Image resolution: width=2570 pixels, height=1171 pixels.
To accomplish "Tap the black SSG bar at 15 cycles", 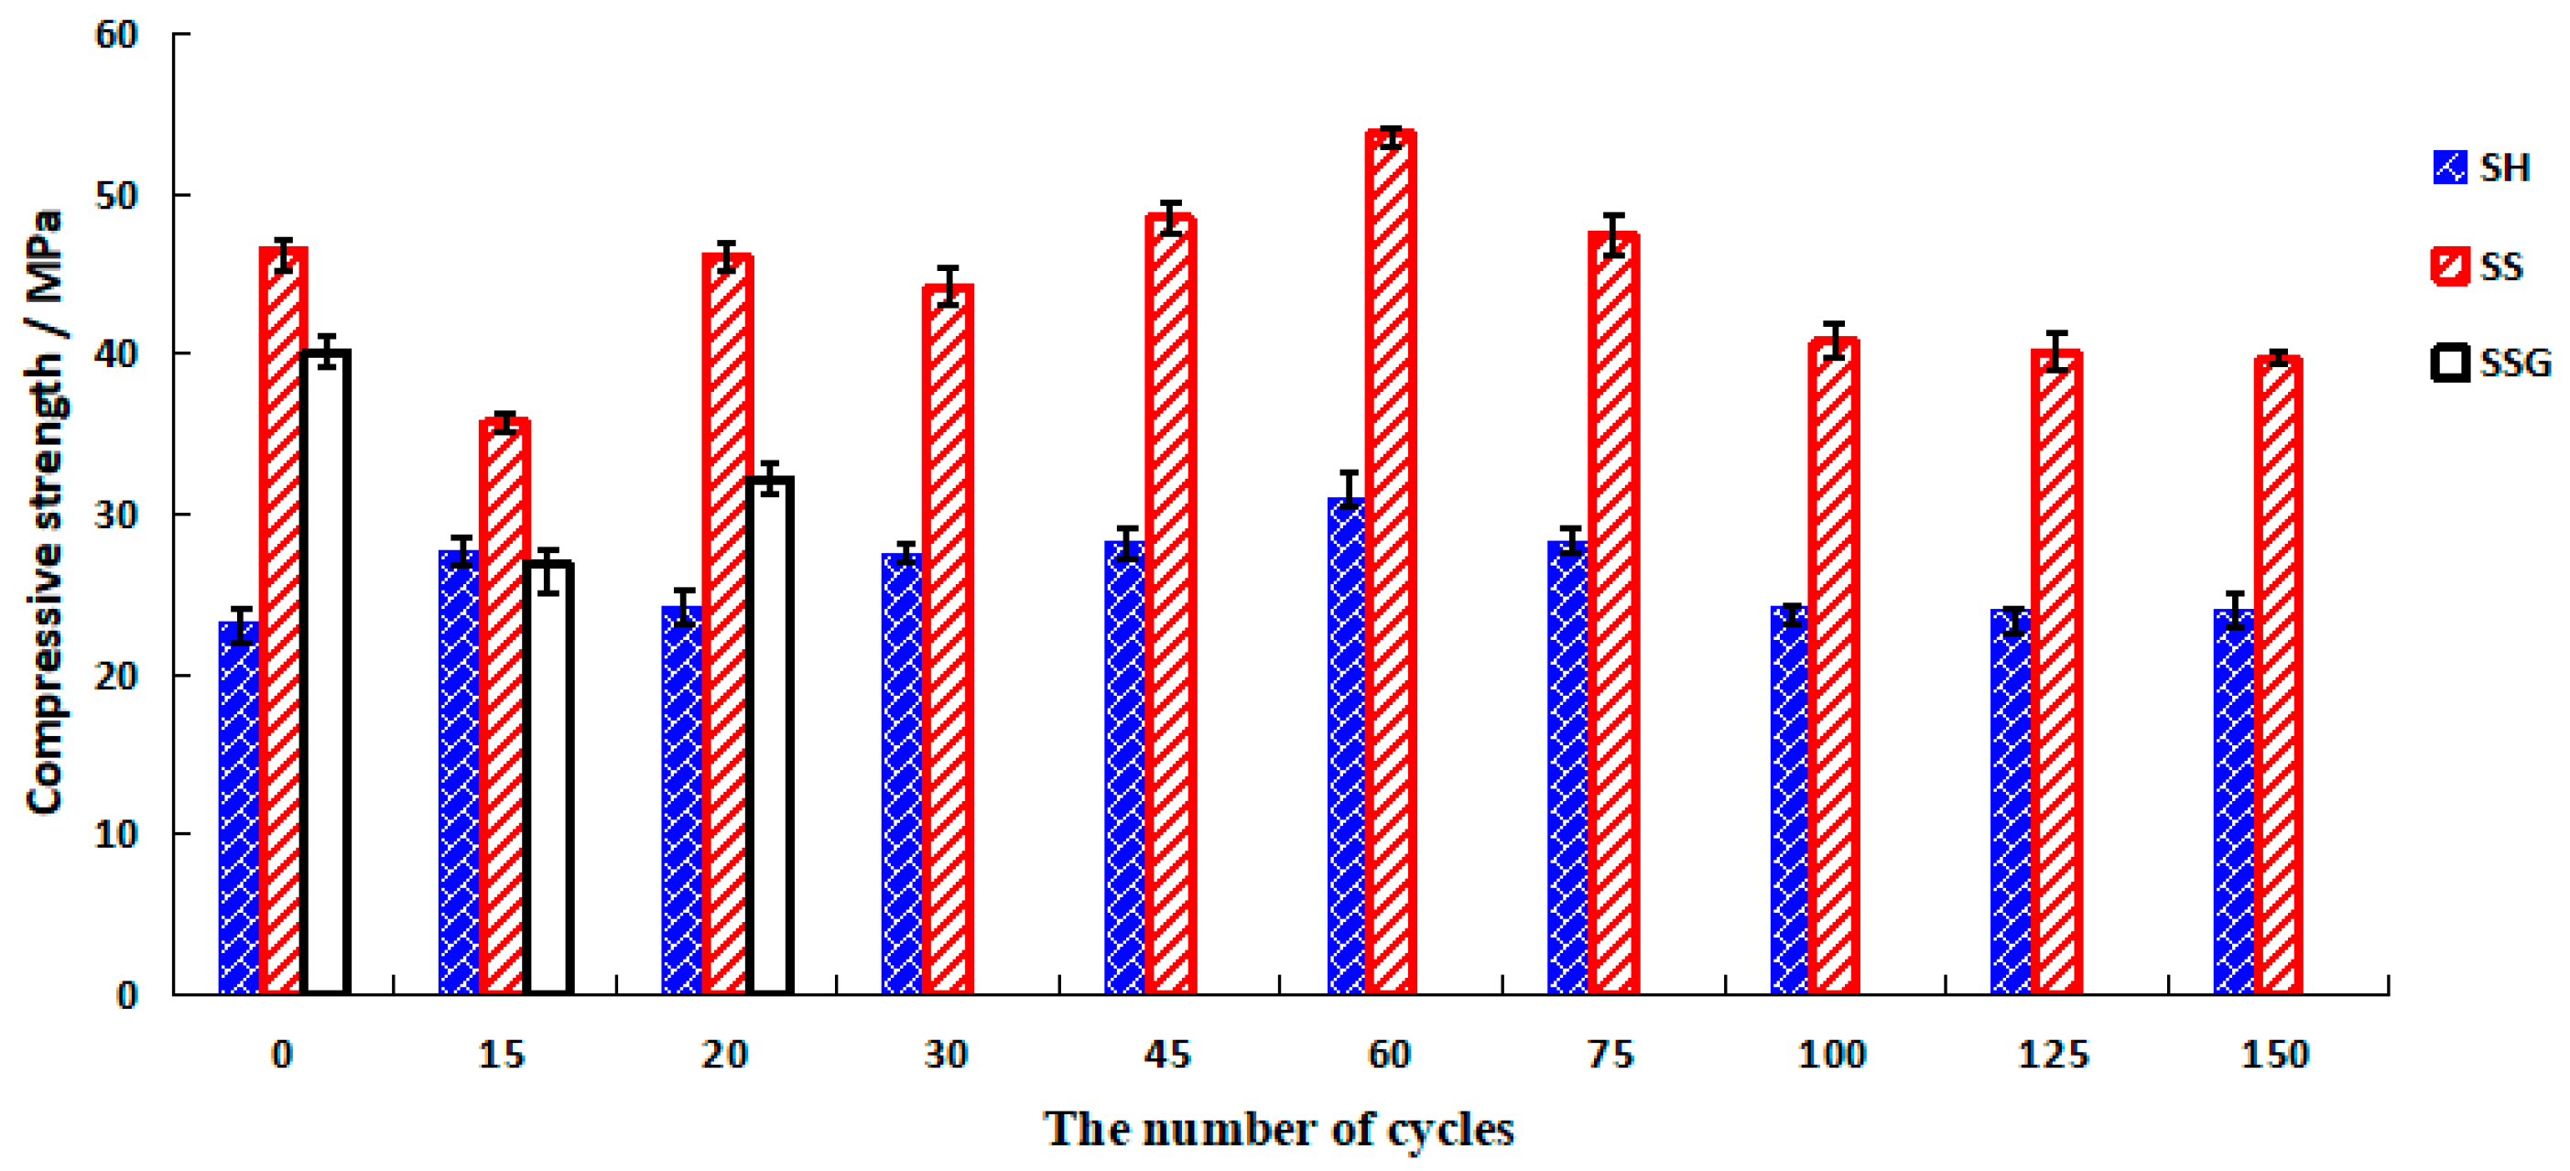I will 548,778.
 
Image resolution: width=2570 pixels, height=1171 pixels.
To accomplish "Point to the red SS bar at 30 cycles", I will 948,638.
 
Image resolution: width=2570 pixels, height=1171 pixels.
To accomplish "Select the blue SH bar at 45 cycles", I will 1126,768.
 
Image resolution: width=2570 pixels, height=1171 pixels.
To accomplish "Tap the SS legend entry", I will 2478,266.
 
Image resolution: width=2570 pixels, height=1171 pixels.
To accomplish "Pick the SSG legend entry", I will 2490,363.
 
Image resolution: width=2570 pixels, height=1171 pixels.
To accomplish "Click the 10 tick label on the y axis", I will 115,834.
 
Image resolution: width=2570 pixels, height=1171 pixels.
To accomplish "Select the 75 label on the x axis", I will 1610,1055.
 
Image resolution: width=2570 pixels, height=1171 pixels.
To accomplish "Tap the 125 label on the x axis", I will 2054,1055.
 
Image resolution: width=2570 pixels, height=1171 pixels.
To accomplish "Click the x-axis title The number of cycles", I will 1279,1130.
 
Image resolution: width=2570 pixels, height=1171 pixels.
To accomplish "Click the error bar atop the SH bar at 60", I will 1349,489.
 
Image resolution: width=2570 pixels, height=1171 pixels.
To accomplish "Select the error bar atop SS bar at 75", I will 1614,235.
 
